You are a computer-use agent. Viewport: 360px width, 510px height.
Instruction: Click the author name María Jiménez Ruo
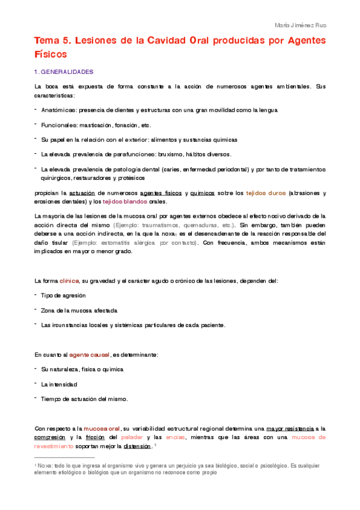(x=300, y=25)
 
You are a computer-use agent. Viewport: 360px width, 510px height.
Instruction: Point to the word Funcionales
(x=59, y=125)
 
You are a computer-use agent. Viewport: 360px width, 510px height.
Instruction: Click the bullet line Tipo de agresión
(x=63, y=296)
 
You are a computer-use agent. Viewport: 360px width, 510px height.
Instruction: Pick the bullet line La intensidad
(x=59, y=384)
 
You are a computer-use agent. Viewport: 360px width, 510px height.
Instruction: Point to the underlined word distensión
(x=137, y=446)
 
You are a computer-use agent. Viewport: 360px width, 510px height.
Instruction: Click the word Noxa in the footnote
(x=44, y=465)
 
